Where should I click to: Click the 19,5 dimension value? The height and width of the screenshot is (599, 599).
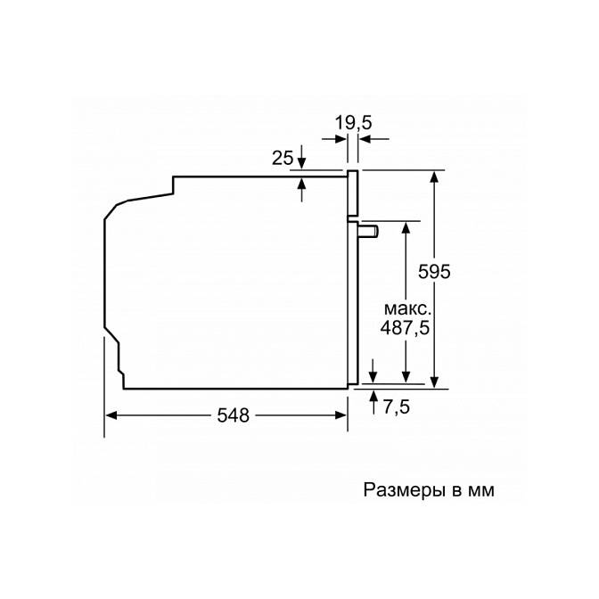coord(353,123)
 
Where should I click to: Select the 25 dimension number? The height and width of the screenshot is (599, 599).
coord(283,158)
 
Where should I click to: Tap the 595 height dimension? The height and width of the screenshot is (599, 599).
coord(434,272)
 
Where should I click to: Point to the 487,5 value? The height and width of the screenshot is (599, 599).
coord(405,327)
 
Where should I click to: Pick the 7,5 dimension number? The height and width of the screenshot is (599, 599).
coord(396,406)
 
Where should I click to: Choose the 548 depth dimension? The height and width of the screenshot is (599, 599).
coord(233,414)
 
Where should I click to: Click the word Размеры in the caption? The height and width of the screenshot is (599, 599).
coord(405,490)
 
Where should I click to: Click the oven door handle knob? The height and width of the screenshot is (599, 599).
coord(368,232)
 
